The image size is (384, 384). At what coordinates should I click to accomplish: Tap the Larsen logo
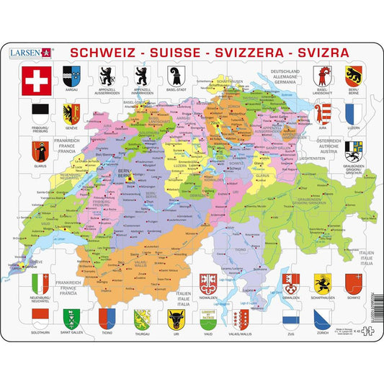click(x=29, y=53)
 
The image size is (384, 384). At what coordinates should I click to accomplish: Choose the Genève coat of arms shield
click(x=71, y=113)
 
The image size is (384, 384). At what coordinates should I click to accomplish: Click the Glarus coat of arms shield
click(x=39, y=151)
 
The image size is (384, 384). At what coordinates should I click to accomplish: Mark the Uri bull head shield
click(x=175, y=318)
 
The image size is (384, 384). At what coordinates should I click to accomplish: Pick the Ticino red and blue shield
click(x=105, y=318)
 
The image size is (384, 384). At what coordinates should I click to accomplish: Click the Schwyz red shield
click(x=352, y=282)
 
